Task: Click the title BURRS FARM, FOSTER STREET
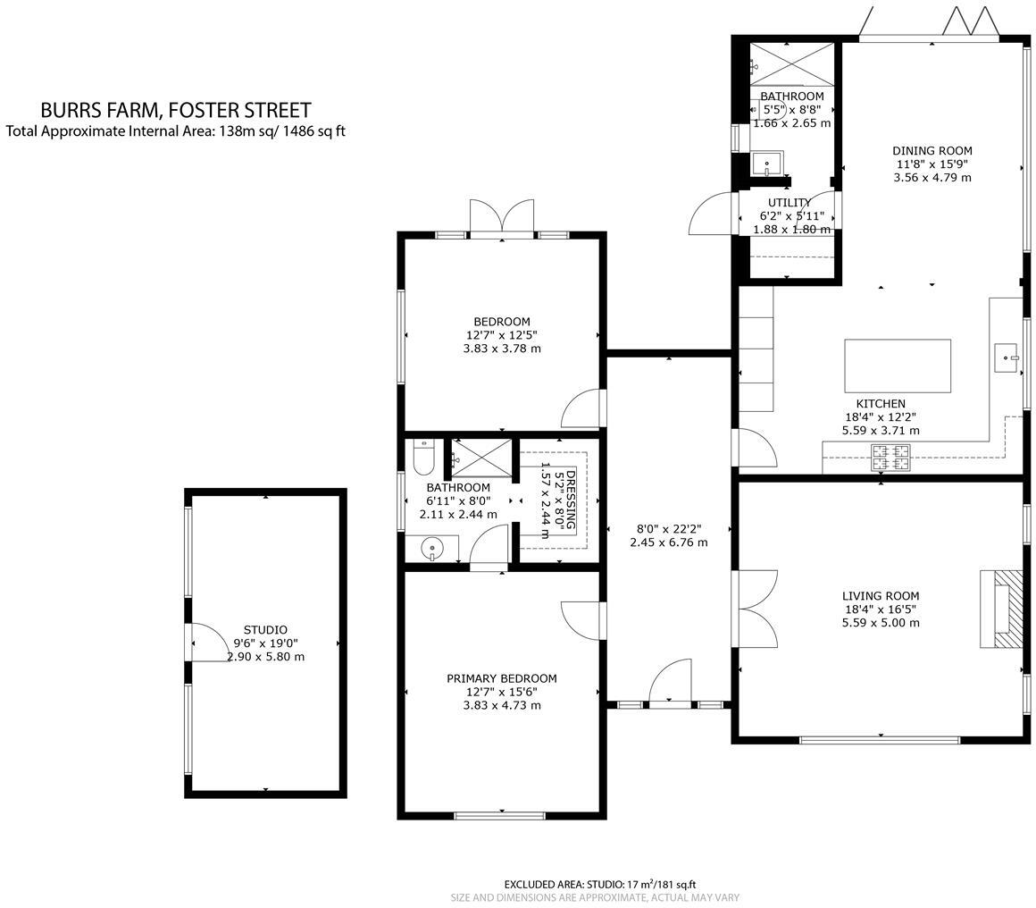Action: point(176,110)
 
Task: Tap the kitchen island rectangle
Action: point(897,365)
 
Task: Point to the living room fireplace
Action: point(999,609)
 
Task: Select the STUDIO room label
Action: point(265,630)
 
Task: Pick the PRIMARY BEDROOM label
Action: point(501,678)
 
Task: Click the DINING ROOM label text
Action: point(932,151)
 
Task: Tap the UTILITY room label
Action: point(790,203)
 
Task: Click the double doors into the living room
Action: point(755,609)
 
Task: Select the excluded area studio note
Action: point(599,884)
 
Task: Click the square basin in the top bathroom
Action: point(767,164)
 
